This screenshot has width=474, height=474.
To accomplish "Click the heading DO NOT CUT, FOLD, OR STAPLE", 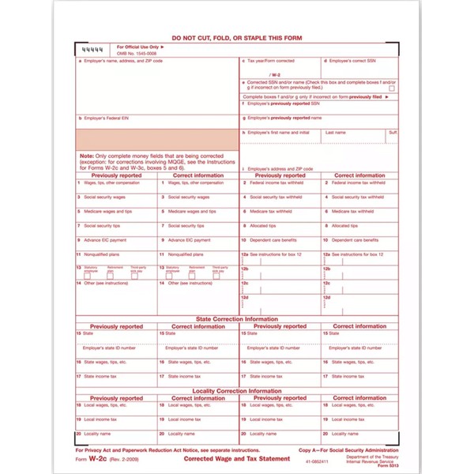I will coord(237,37).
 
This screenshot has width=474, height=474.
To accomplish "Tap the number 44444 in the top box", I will coord(92,51).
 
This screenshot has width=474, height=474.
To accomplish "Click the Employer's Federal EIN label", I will coord(104,118).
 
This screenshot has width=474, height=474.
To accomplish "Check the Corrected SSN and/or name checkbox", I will coord(391,88).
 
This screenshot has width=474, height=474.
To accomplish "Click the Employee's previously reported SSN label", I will coord(284,103).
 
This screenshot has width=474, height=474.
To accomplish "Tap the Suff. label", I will coord(393,132).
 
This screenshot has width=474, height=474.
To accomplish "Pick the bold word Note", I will coord(86,156).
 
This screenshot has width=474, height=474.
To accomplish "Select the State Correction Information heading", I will coord(237,319).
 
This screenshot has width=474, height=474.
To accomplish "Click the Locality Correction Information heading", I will coord(237,391).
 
